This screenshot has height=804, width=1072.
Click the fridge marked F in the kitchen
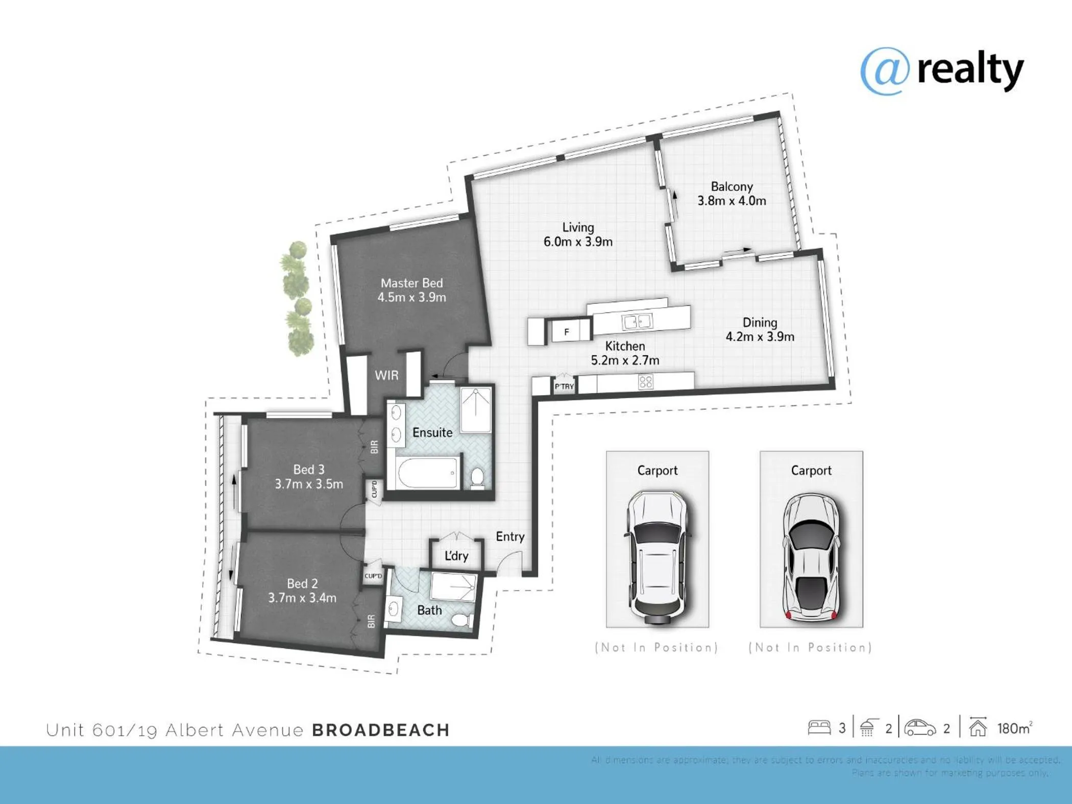tap(567, 332)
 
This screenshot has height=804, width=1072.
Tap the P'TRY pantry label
tap(564, 386)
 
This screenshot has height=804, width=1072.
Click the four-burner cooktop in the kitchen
tap(646, 382)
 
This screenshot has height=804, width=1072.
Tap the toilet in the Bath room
tap(462, 620)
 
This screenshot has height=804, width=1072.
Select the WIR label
tap(386, 376)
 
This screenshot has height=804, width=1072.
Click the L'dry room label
tap(456, 556)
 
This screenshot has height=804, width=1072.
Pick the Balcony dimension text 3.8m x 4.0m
tap(732, 201)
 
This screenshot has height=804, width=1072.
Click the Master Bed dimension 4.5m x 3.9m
tap(411, 298)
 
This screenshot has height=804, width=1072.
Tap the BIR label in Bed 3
tap(374, 447)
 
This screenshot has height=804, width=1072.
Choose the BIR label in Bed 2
tap(371, 621)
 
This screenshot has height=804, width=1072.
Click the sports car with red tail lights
tap(811, 556)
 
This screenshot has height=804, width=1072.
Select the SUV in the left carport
tap(657, 556)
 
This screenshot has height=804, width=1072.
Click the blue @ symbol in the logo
tap(885, 71)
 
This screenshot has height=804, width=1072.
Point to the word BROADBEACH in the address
tap(381, 730)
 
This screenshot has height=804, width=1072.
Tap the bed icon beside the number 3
tap(819, 727)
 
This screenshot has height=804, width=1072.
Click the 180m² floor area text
tap(1014, 728)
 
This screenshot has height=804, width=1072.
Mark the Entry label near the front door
tap(510, 537)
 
